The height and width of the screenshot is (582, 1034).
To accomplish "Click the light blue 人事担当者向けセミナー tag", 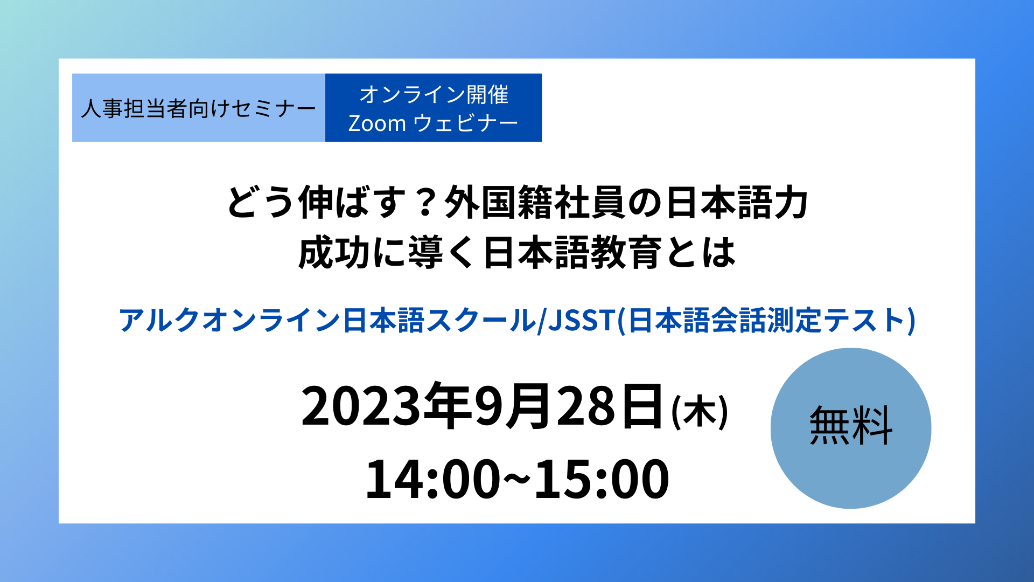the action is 198,108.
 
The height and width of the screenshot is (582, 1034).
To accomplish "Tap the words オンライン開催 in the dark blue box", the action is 434,95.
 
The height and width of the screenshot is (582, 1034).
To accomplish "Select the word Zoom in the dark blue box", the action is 377,123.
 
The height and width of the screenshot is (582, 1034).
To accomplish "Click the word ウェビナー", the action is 465,123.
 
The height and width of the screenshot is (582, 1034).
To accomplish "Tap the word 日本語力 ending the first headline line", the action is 737,203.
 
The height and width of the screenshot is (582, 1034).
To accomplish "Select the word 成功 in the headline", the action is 334,252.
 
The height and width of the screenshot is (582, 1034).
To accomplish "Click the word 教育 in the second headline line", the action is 626,252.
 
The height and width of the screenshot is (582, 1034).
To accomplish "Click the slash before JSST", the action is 542,320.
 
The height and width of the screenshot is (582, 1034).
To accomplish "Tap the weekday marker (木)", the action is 700,412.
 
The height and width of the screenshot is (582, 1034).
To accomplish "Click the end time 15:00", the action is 602,479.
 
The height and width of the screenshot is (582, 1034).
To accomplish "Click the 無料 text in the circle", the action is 851,426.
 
